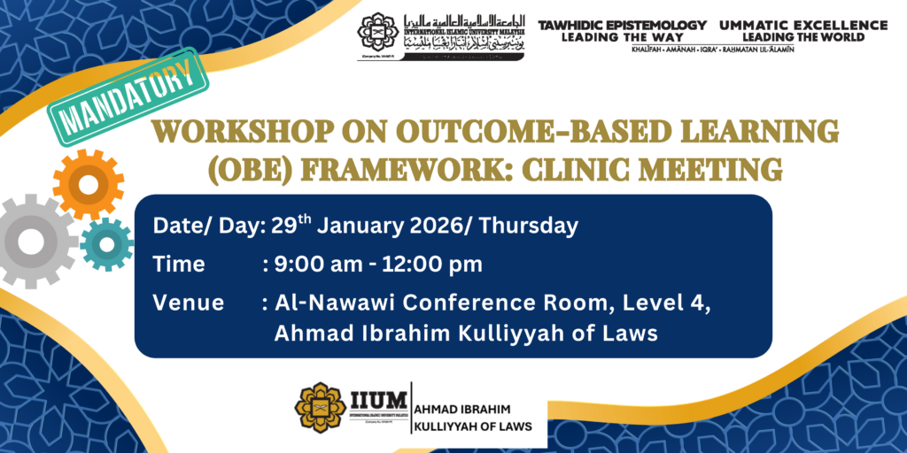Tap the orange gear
click(88, 184)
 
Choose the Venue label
click(188, 303)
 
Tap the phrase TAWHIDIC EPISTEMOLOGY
click(623, 25)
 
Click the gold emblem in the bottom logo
click(320, 407)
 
